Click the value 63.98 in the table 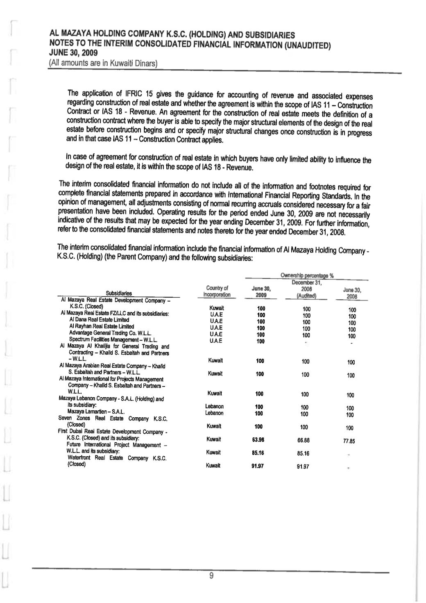(x=258, y=439)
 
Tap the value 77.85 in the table (x=349, y=441)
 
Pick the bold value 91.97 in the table (x=258, y=466)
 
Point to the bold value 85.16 (x=258, y=453)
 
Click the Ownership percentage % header (x=307, y=275)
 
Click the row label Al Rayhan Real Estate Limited (x=102, y=326)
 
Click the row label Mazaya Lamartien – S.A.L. (x=96, y=412)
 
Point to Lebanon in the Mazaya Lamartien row (x=214, y=413)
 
